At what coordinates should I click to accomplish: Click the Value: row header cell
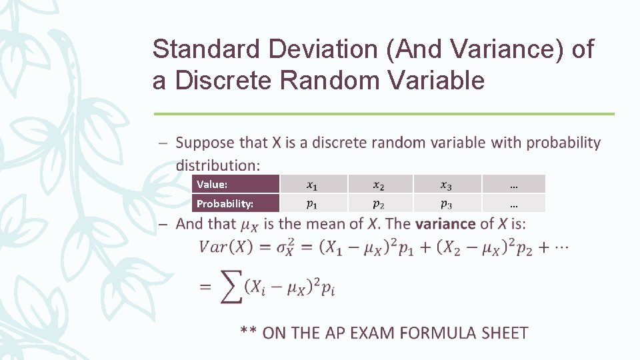coord(236,184)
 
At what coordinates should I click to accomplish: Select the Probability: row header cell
coord(236,203)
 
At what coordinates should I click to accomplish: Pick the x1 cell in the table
coord(313,184)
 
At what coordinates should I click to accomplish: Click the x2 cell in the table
coord(379,184)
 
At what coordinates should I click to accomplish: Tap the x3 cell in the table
coord(446,184)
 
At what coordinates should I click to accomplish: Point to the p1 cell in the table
coord(313,203)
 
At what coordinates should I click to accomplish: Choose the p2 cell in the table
coord(379,203)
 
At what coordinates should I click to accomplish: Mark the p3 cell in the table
coord(446,203)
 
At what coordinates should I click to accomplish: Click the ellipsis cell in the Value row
coord(513,184)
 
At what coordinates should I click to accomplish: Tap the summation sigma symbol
coord(231,287)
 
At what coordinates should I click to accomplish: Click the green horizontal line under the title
coord(383,114)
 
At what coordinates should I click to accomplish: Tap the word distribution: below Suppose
coord(218,164)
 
